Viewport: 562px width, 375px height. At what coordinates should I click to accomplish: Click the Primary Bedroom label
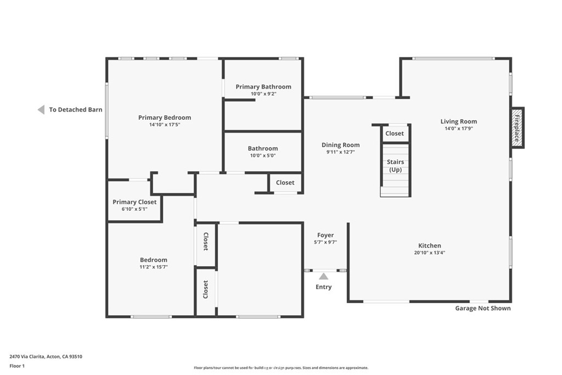click(x=165, y=117)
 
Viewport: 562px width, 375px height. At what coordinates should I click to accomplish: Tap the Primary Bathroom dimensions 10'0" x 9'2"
click(x=263, y=94)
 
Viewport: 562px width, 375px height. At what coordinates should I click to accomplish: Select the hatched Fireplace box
click(x=518, y=127)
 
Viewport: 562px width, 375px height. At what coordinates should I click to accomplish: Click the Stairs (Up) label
click(x=395, y=166)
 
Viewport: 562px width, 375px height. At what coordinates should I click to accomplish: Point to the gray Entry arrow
click(x=324, y=276)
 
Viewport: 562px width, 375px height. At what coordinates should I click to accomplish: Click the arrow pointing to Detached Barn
click(x=41, y=110)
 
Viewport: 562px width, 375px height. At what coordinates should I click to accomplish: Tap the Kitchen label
click(x=430, y=245)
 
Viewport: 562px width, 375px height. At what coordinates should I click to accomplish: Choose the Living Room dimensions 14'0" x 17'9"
click(x=459, y=128)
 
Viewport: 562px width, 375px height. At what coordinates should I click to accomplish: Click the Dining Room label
click(x=340, y=145)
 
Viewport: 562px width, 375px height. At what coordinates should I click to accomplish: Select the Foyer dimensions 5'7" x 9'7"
click(x=325, y=242)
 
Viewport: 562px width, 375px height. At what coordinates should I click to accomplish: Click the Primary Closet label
click(x=134, y=202)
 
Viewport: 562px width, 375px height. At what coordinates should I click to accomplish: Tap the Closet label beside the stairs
click(x=395, y=133)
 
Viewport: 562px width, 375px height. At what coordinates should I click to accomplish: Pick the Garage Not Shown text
click(x=483, y=309)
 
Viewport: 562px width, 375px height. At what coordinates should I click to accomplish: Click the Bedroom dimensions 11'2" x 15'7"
click(x=154, y=267)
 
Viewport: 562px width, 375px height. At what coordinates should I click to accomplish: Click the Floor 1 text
click(x=17, y=366)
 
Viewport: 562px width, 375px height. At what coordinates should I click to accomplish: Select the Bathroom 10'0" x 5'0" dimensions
click(x=263, y=155)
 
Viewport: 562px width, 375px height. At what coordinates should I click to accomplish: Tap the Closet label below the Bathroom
click(x=285, y=182)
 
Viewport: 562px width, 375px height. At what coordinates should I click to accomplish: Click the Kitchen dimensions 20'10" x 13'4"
click(x=430, y=253)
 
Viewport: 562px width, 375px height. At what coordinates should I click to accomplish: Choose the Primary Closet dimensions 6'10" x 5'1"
click(x=134, y=209)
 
